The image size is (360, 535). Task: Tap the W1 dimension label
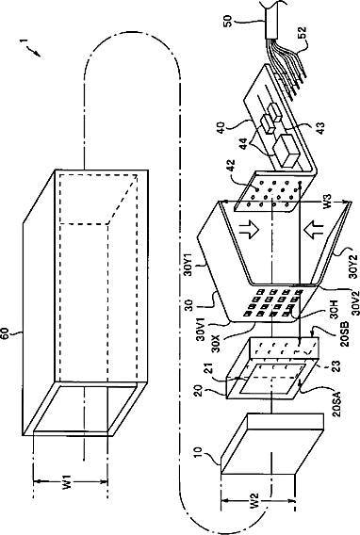[68, 483]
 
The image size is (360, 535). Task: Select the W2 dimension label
[255, 501]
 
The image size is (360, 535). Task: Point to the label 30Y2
[344, 267]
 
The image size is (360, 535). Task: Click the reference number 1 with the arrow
[30, 47]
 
